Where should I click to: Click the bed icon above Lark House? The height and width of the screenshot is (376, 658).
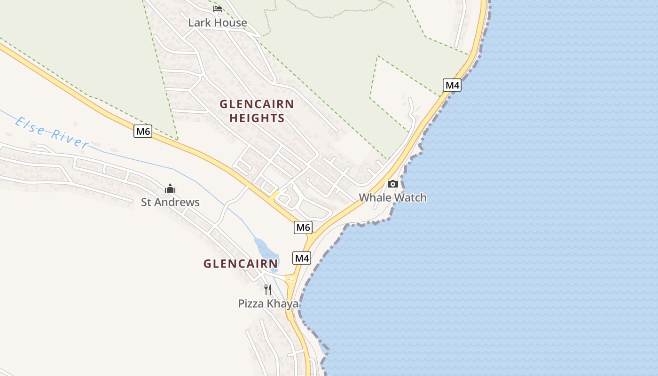click(217, 9)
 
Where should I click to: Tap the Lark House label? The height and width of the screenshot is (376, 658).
click(217, 23)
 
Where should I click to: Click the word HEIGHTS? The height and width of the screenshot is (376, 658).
click(257, 118)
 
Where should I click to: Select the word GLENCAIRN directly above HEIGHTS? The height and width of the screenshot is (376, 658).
click(257, 104)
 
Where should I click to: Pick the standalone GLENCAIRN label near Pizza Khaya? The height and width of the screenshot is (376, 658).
click(241, 264)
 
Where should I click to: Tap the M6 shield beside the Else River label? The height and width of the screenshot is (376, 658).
click(143, 131)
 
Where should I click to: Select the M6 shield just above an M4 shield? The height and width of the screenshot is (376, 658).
click(303, 227)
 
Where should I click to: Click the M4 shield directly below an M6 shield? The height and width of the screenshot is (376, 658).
click(302, 258)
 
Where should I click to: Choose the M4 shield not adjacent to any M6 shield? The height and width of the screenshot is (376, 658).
click(452, 85)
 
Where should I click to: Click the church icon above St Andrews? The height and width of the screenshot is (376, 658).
click(170, 189)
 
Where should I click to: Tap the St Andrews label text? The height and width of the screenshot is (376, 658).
click(170, 203)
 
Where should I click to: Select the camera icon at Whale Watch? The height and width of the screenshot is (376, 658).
click(392, 184)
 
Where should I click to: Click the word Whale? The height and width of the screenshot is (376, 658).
click(375, 197)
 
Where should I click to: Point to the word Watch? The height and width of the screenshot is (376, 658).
click(410, 197)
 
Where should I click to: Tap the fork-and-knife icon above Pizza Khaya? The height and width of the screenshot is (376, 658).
click(268, 290)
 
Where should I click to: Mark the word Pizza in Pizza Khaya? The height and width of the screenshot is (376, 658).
click(251, 304)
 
